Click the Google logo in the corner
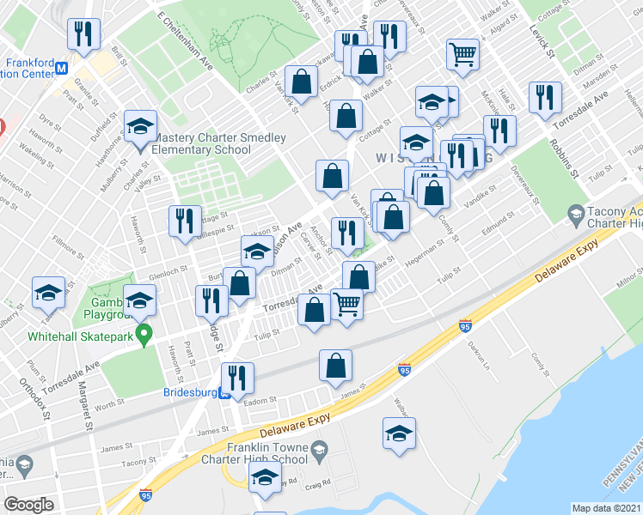[x=28, y=505]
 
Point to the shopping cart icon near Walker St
[x=462, y=54]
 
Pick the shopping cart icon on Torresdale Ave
[x=346, y=302]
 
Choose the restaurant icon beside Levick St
[x=545, y=97]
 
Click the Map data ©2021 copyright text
[x=607, y=508]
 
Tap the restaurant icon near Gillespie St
[x=185, y=221]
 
